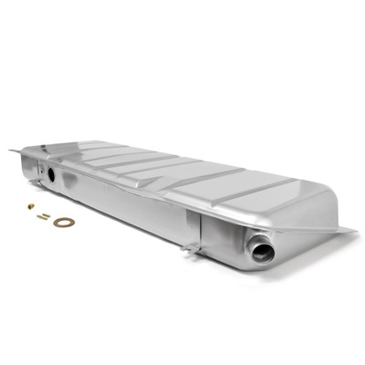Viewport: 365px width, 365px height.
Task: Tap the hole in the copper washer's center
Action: click(63, 222)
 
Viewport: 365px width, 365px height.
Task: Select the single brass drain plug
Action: click(30, 206)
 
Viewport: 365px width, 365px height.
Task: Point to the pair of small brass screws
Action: click(43, 215)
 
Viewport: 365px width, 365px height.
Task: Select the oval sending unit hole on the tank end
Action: click(51, 172)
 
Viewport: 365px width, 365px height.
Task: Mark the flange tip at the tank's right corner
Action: click(351, 230)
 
